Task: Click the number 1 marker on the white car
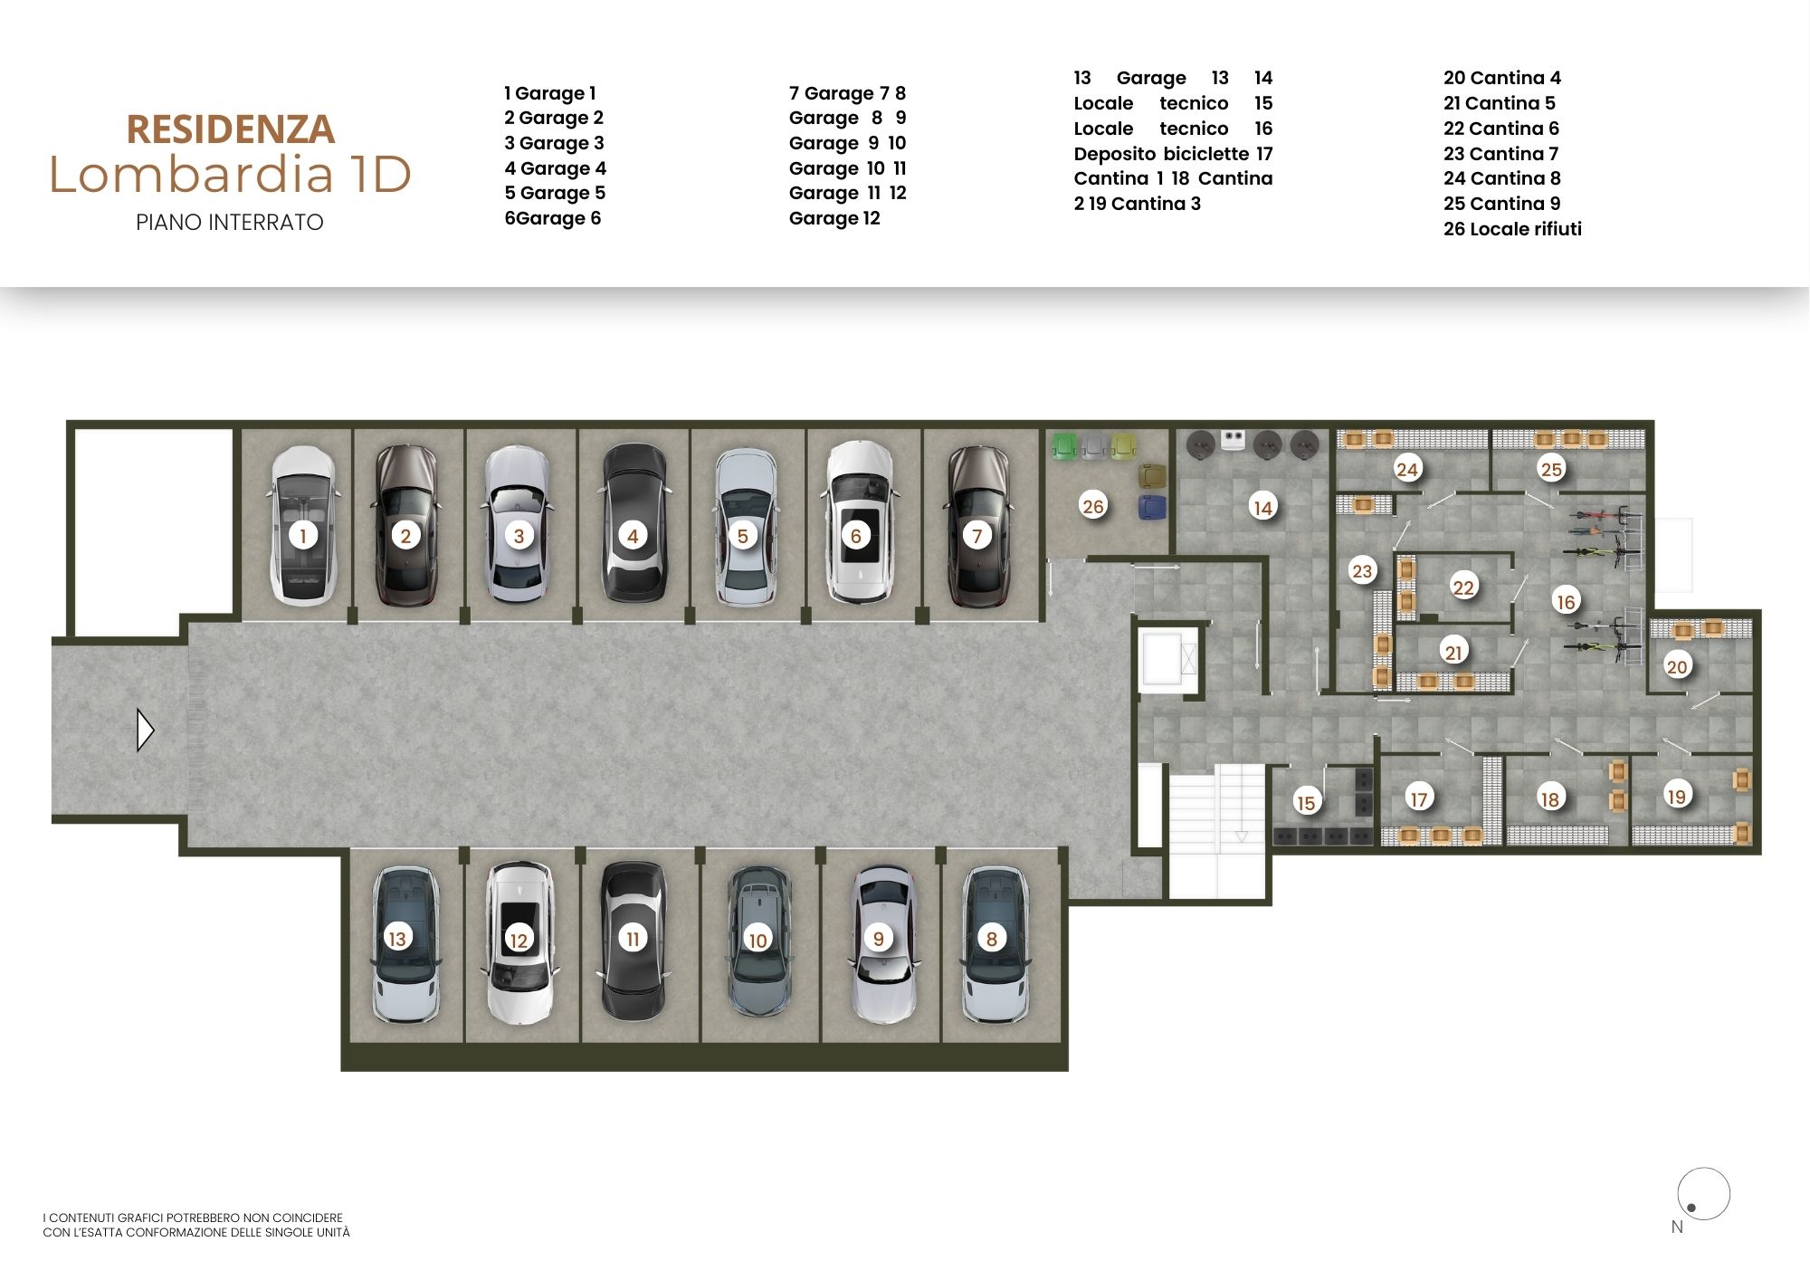pos(303,535)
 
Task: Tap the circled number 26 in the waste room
pos(1093,506)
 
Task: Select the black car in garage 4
pos(633,522)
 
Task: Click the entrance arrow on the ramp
pos(146,731)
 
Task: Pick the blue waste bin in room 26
pos(1151,506)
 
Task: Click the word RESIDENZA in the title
pos(231,129)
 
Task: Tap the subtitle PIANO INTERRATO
pos(230,223)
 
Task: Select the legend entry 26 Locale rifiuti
pos(1512,229)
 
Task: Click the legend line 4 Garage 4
pos(555,168)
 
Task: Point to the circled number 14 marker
pos(1262,507)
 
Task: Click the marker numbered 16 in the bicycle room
pos(1566,601)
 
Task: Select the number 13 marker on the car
pos(396,938)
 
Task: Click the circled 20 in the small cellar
pos(1677,666)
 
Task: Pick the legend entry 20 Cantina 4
pos(1502,78)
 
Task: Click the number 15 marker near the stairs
pos(1305,802)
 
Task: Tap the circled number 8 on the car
pos(992,939)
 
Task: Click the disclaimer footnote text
pos(196,1225)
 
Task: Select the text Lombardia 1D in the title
pos(230,175)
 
